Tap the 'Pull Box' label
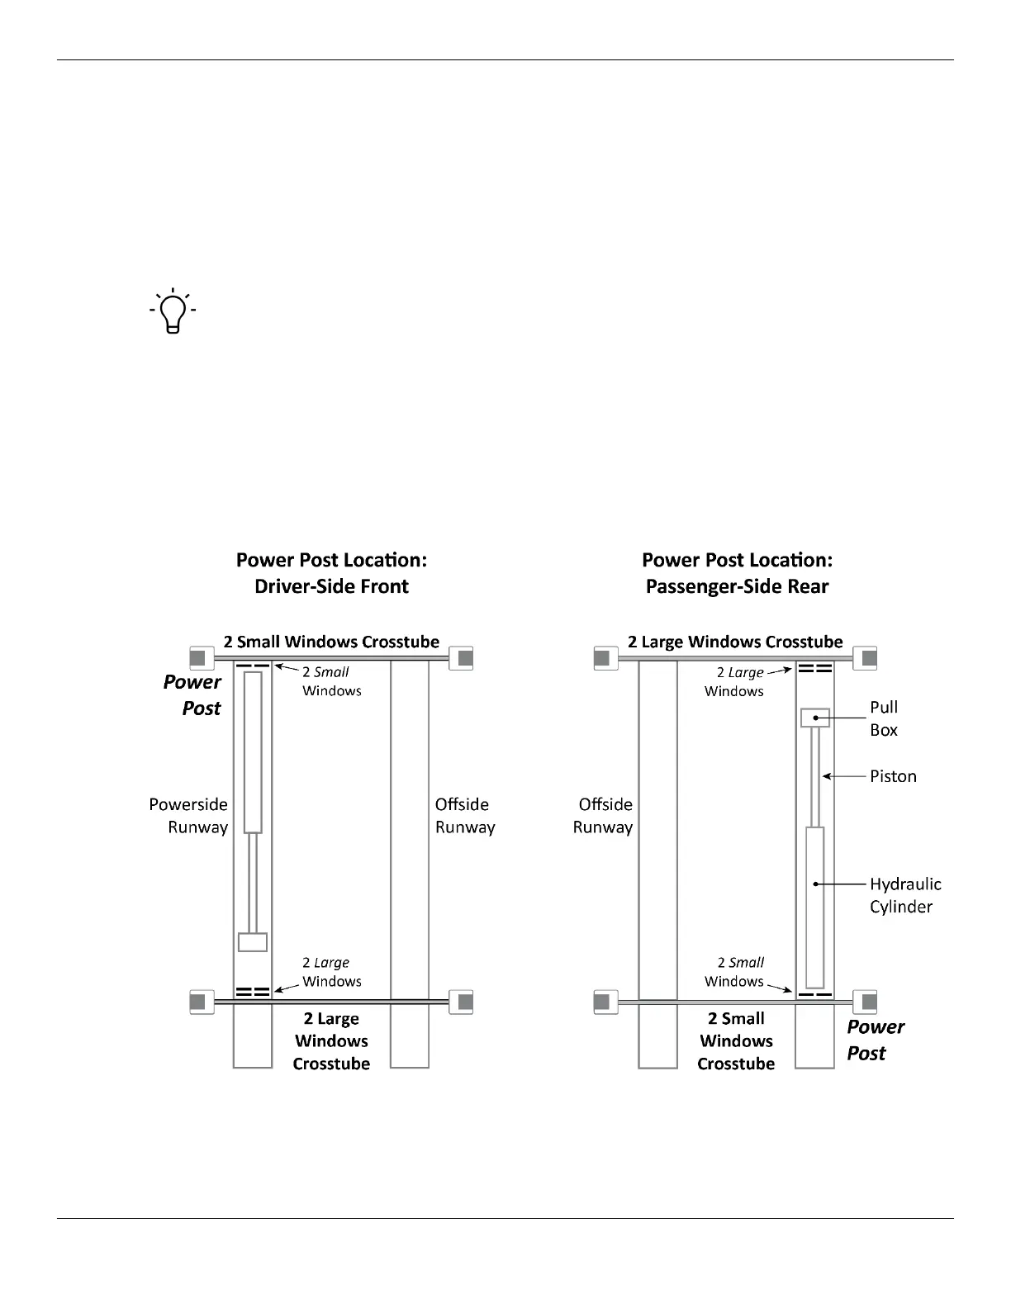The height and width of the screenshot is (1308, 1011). click(x=883, y=718)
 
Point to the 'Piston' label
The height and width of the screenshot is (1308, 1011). click(x=893, y=776)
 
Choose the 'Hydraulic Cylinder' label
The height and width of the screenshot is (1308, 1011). click(x=904, y=895)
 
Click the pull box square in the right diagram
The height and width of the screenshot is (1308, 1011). click(x=815, y=718)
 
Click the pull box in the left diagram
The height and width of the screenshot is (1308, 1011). click(x=253, y=942)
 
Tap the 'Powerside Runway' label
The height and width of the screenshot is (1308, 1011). click(x=188, y=816)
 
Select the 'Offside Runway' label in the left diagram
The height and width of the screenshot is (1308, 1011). click(x=464, y=816)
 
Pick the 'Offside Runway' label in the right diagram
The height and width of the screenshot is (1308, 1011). click(x=603, y=816)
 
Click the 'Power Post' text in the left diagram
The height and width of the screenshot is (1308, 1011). click(x=192, y=694)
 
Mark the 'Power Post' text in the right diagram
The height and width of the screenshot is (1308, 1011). click(x=875, y=1040)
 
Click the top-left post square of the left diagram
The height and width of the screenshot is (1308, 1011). click(x=197, y=658)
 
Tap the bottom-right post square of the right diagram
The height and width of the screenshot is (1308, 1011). click(x=868, y=1002)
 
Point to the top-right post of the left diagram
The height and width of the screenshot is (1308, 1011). click(x=465, y=658)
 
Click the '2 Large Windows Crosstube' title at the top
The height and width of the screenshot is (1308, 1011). click(x=735, y=642)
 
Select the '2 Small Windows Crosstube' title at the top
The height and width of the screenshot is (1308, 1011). click(x=331, y=642)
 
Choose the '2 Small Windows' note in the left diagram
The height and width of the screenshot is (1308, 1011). click(x=331, y=681)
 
